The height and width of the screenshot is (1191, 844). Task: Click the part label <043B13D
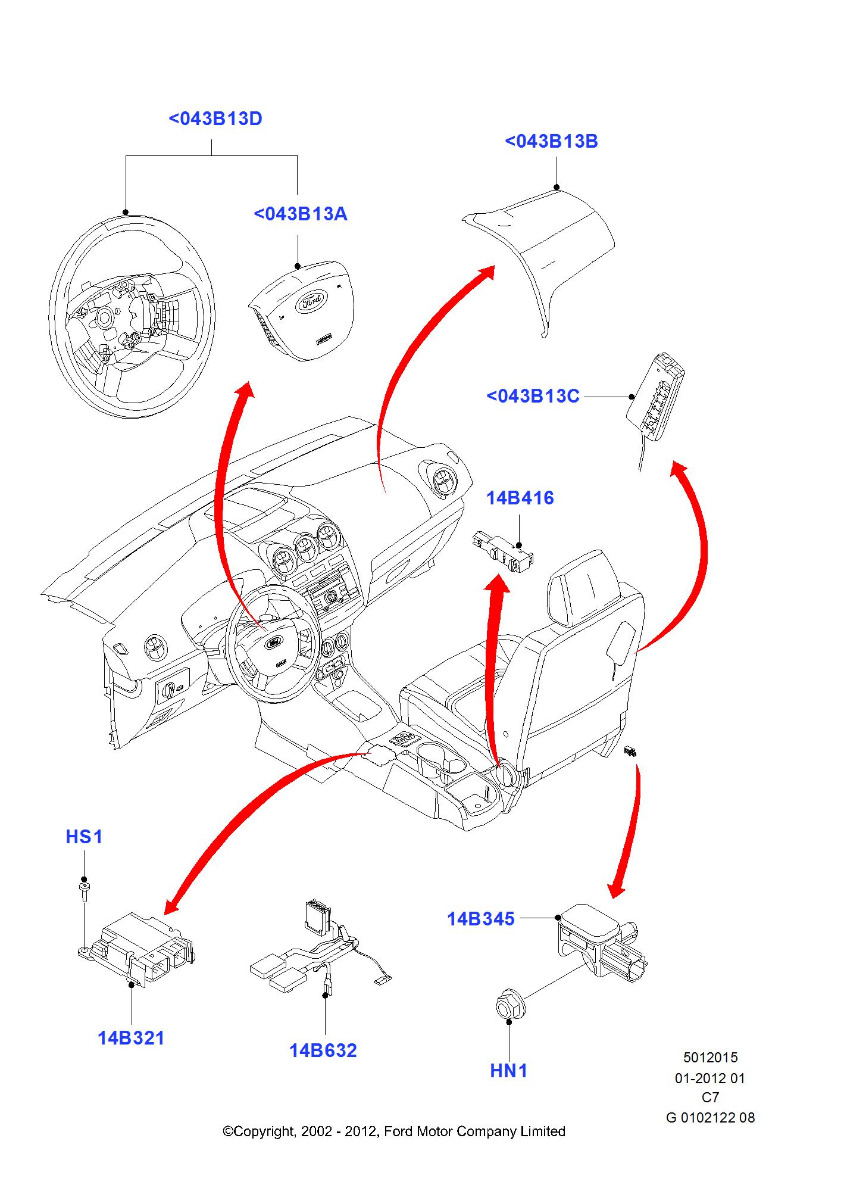(x=215, y=119)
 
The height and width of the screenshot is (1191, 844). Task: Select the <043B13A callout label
(x=300, y=214)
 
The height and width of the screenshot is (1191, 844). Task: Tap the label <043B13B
(x=551, y=142)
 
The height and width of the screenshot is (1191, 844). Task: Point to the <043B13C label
(x=533, y=397)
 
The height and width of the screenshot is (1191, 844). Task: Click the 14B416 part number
(x=520, y=498)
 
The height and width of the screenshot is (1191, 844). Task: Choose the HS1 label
(x=84, y=837)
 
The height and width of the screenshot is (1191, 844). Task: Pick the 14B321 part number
(x=131, y=1039)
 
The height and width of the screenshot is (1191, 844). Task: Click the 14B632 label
(x=323, y=1051)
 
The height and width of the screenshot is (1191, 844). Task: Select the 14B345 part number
(x=480, y=919)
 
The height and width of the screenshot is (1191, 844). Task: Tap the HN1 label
(x=509, y=1071)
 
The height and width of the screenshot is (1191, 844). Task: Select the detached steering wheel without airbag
(x=131, y=316)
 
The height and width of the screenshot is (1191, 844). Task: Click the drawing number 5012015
(x=710, y=1058)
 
